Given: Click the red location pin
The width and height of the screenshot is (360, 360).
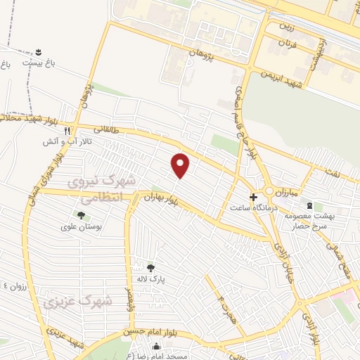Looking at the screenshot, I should coord(181,165).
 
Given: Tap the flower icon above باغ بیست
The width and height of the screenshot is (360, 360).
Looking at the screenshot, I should coord(39,52).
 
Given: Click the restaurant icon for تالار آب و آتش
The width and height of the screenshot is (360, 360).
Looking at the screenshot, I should coord(67,131).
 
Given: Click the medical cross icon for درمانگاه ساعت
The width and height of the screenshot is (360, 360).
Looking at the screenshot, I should coord(254,198).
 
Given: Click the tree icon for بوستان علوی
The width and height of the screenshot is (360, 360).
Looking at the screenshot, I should coord(81,214).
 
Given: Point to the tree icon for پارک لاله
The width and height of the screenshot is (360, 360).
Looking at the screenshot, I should coord(150,266).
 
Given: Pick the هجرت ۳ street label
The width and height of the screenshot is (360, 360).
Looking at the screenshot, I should coord(224,306).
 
